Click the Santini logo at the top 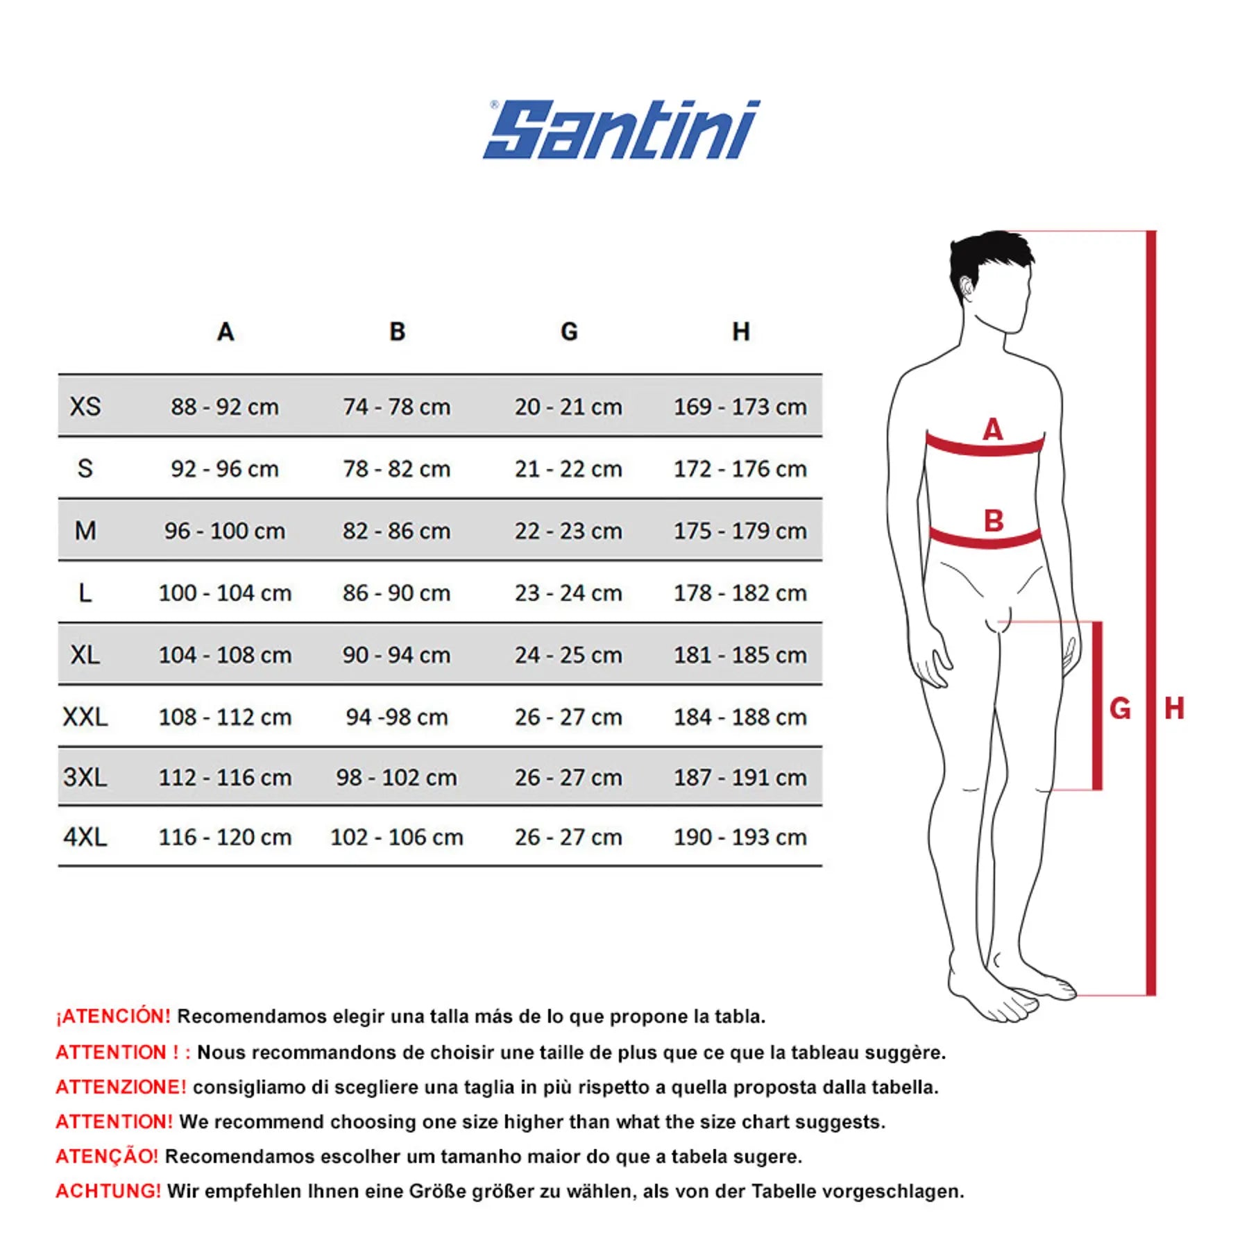[622, 130]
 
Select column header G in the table [569, 332]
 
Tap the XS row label [85, 407]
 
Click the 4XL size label [85, 837]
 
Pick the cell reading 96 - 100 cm [225, 531]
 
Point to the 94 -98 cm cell [397, 717]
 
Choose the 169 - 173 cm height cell [740, 407]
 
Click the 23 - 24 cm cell [568, 593]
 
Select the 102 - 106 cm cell [397, 837]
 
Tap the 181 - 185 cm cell [740, 655]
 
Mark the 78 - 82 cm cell [397, 469]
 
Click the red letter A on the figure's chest [993, 430]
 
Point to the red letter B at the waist [994, 520]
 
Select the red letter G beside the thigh [1120, 708]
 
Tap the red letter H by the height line [1174, 708]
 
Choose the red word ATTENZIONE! [121, 1087]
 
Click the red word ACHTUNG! [108, 1191]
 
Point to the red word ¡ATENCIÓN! [113, 1017]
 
